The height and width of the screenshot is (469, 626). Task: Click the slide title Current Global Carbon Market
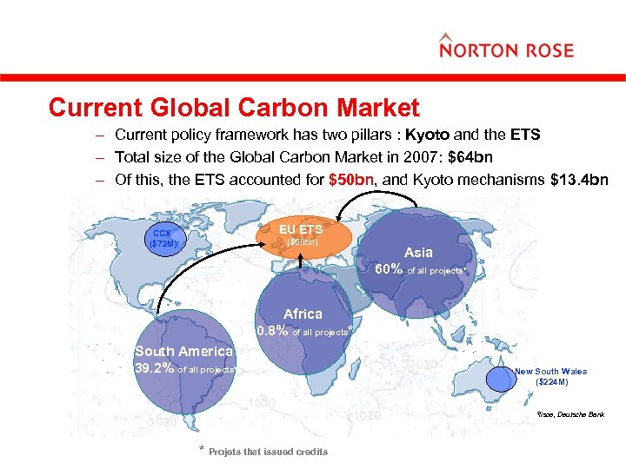coord(234,108)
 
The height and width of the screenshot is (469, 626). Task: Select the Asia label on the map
coord(417,252)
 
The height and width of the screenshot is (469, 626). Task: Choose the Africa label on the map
coord(303,314)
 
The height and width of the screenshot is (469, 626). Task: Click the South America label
coord(183,351)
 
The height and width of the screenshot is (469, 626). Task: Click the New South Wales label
coord(549,371)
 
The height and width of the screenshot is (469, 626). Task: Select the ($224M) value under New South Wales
coord(551,382)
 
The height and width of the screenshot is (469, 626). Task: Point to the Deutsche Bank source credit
coord(570,416)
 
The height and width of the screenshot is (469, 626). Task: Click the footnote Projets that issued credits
coord(268,452)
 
